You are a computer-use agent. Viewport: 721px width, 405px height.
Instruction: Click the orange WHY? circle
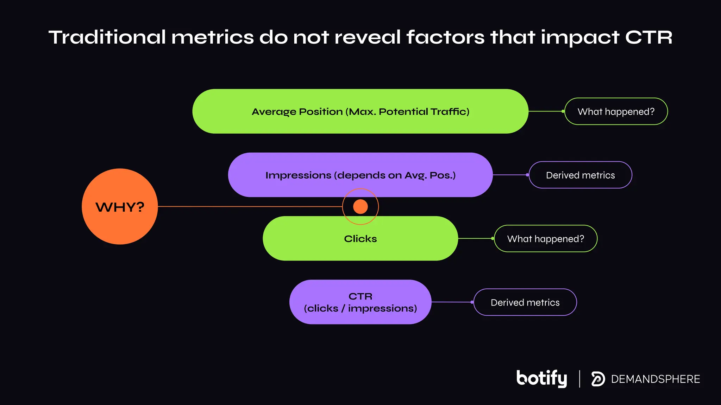[120, 206]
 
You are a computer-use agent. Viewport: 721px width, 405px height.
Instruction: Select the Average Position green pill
[360, 111]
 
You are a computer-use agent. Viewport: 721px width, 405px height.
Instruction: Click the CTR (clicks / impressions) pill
[360, 302]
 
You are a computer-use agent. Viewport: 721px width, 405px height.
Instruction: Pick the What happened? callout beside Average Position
[616, 111]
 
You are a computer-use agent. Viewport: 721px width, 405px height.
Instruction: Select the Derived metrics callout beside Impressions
[580, 175]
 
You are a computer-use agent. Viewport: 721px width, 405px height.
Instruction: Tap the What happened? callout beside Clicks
[545, 239]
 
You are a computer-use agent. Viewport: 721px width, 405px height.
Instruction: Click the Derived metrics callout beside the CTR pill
[525, 302]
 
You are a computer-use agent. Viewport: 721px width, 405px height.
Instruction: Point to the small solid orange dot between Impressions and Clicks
[360, 206]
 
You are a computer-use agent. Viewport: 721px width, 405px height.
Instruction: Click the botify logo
[541, 378]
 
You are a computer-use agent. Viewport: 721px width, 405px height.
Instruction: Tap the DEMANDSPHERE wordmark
[655, 379]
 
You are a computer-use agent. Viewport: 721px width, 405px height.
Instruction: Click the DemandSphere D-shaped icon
[598, 379]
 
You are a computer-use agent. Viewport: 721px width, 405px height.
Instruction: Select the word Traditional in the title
[107, 37]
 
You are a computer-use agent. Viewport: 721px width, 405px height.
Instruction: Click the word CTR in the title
[648, 37]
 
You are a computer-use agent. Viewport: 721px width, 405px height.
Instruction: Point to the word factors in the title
[445, 37]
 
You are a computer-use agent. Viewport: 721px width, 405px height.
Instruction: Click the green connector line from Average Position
[546, 111]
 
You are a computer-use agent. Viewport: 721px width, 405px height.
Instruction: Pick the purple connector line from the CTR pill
[452, 302]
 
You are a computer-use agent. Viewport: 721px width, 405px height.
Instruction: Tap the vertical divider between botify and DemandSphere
[579, 379]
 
